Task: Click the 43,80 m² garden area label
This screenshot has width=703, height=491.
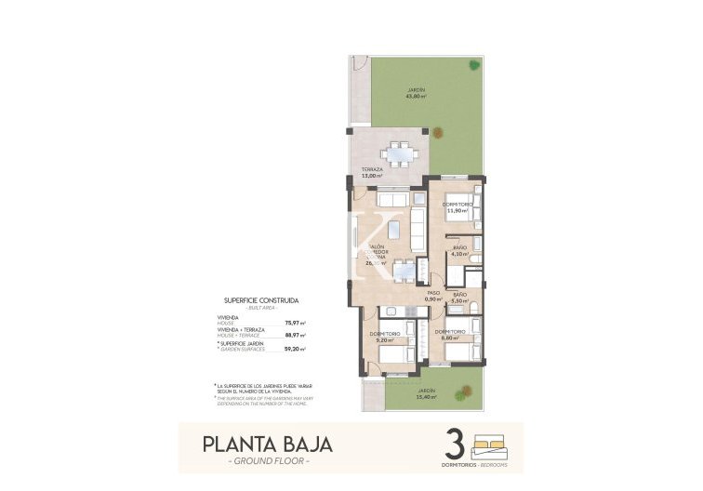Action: coord(415,93)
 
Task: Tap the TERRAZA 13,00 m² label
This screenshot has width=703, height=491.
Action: coord(372,172)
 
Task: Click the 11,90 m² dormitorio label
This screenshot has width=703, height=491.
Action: coord(458,207)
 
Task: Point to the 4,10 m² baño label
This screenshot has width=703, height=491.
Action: coord(458,250)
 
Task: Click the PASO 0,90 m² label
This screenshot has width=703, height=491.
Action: coord(432,296)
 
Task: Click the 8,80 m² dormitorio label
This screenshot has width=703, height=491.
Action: coord(455,336)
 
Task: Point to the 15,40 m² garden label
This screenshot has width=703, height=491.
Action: coord(426,394)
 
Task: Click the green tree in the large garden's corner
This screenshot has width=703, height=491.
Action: coord(474,65)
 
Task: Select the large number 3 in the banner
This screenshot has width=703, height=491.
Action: coord(456,442)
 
